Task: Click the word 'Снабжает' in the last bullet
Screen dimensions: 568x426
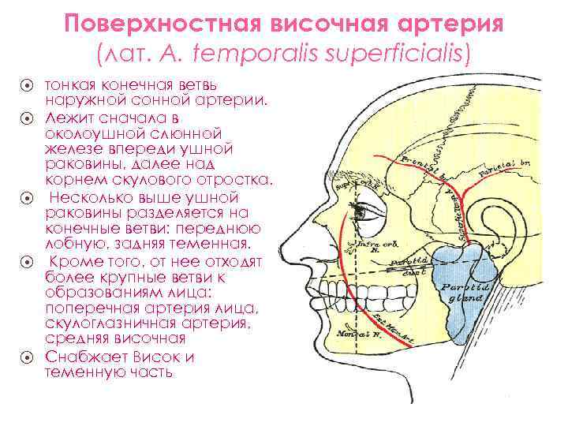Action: click(86, 357)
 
